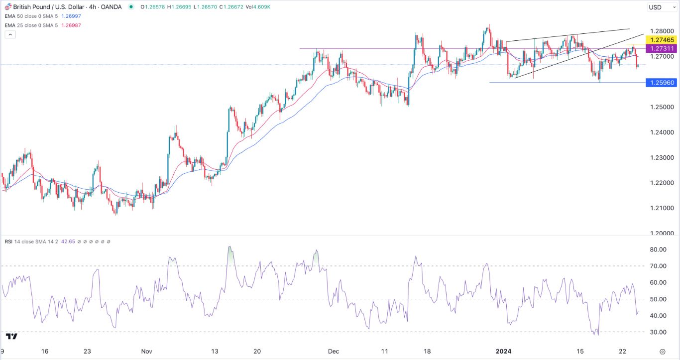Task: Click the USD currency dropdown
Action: click(x=660, y=7)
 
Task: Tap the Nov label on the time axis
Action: click(x=146, y=351)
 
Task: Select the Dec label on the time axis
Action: click(x=334, y=351)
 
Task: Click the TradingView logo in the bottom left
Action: click(x=11, y=336)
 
